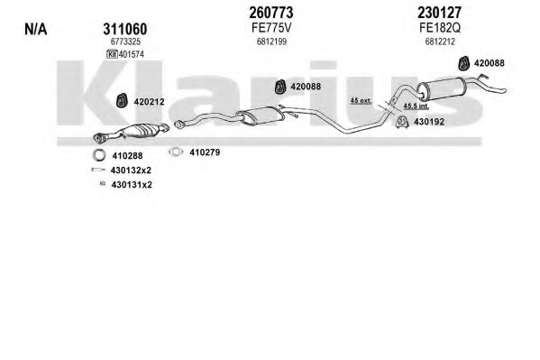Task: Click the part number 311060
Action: point(125,29)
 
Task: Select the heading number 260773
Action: point(271,13)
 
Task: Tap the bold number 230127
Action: point(439,13)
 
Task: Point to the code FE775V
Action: point(271,28)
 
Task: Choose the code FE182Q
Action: point(440,28)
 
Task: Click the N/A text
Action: point(35,29)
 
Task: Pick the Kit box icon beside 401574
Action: point(113,54)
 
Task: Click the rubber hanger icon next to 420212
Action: point(121,100)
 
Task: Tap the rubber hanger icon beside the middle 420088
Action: point(280,87)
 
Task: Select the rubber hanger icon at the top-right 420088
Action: point(464,63)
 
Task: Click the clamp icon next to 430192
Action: point(401,122)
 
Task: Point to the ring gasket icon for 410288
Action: point(99,155)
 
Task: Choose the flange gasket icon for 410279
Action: point(176,152)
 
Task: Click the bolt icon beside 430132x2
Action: point(98,170)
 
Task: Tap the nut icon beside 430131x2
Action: point(102,184)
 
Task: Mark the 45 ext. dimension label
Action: point(361,101)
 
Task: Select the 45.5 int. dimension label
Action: point(416,106)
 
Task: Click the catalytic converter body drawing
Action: point(140,131)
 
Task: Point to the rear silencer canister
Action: point(441,89)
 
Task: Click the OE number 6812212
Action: point(440,42)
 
